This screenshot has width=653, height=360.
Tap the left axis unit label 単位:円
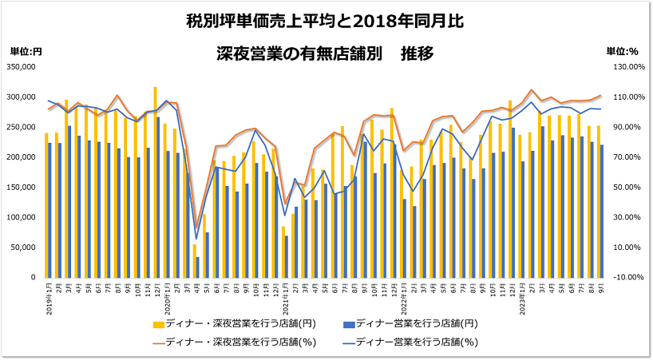(26, 51)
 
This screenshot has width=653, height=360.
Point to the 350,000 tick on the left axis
(24, 67)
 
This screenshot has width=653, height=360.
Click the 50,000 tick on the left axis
(26, 247)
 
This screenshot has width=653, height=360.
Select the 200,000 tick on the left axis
(24, 157)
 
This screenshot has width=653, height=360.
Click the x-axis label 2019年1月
(48, 299)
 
